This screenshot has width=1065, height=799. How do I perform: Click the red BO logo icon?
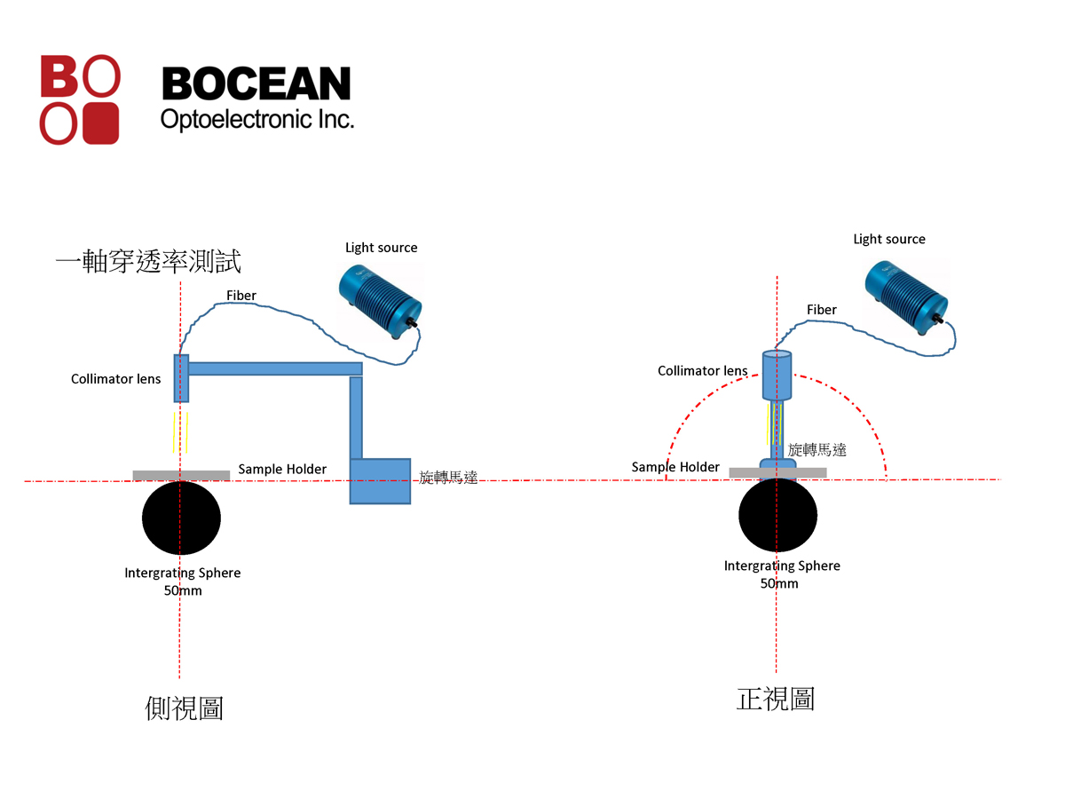[x=79, y=99]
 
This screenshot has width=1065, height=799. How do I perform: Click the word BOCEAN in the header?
[x=256, y=84]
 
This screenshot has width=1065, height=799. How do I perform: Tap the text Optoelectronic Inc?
[x=256, y=118]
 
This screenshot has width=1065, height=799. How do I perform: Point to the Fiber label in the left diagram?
[x=241, y=295]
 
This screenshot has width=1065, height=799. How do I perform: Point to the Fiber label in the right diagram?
[x=821, y=310]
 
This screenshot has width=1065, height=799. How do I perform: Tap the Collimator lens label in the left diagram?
[x=116, y=379]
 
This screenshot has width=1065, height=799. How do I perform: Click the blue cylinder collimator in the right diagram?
[x=777, y=376]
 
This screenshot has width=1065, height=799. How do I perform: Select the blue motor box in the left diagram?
[x=380, y=481]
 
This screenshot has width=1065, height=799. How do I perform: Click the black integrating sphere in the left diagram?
[x=181, y=519]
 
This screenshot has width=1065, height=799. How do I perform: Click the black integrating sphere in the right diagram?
[x=777, y=515]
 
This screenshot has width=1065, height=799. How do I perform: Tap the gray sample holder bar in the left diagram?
[x=181, y=476]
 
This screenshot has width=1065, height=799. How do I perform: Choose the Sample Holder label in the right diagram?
[x=675, y=467]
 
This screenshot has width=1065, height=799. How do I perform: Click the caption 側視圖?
[x=184, y=708]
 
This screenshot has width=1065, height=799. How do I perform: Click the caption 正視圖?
[x=776, y=699]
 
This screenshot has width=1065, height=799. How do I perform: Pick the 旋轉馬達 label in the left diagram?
[x=448, y=478]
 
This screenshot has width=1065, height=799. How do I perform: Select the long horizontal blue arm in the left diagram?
[x=275, y=368]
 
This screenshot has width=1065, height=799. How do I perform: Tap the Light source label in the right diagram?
[x=888, y=239]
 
